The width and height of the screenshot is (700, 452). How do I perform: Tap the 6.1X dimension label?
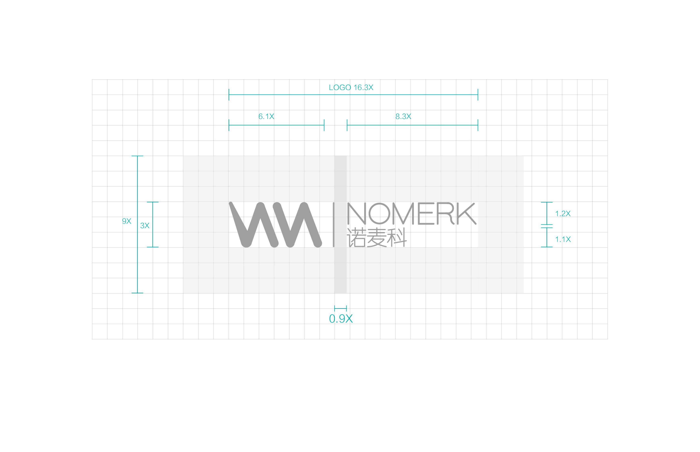(x=266, y=117)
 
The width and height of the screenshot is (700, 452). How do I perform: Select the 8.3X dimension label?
(x=403, y=117)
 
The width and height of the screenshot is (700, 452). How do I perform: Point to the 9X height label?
(x=126, y=221)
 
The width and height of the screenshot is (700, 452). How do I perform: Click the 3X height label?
(x=145, y=226)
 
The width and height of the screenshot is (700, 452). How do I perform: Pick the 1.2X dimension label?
(x=563, y=214)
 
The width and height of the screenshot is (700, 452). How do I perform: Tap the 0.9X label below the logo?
(x=341, y=319)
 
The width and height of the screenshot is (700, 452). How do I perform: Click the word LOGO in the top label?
(x=340, y=87)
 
